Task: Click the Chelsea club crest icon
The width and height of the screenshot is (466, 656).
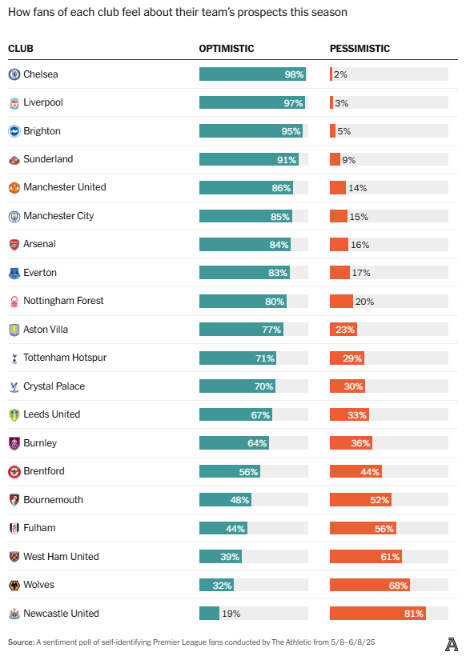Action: click(x=14, y=74)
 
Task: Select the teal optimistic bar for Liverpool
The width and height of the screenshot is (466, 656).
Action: click(x=240, y=102)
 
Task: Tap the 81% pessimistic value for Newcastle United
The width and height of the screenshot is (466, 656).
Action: click(x=413, y=614)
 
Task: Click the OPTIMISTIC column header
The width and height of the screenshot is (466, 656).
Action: click(x=227, y=49)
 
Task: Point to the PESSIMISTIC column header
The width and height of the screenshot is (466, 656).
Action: click(x=360, y=49)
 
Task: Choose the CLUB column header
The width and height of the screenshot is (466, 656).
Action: click(x=21, y=49)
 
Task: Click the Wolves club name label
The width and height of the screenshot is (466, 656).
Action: click(x=39, y=585)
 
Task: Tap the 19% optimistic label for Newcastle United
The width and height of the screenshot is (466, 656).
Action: click(x=231, y=614)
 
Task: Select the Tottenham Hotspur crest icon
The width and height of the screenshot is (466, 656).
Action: click(x=14, y=358)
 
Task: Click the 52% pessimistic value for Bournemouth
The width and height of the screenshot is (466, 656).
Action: click(x=380, y=500)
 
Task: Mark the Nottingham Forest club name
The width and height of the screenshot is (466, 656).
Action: click(x=63, y=301)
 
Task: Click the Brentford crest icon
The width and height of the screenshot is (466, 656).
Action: click(x=14, y=471)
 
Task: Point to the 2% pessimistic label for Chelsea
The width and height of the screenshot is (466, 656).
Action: click(x=340, y=74)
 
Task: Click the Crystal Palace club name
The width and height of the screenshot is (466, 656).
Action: click(x=54, y=386)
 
